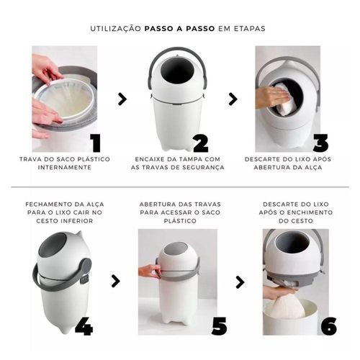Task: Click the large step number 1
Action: [x=96, y=143]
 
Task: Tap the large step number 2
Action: [x=201, y=143]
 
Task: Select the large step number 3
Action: [x=320, y=143]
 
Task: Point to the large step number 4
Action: [x=84, y=326]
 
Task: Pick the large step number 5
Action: [x=219, y=326]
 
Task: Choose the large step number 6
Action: [x=329, y=326]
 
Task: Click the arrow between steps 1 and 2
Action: [x=122, y=99]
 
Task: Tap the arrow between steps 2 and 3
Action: [x=233, y=99]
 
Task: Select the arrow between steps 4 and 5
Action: [x=116, y=282]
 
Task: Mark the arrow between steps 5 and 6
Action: [x=240, y=282]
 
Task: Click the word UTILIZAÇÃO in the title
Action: [x=116, y=28]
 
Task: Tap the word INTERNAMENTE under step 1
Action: [x=65, y=167]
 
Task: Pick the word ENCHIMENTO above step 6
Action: [x=310, y=212]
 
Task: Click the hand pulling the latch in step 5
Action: [x=150, y=271]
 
